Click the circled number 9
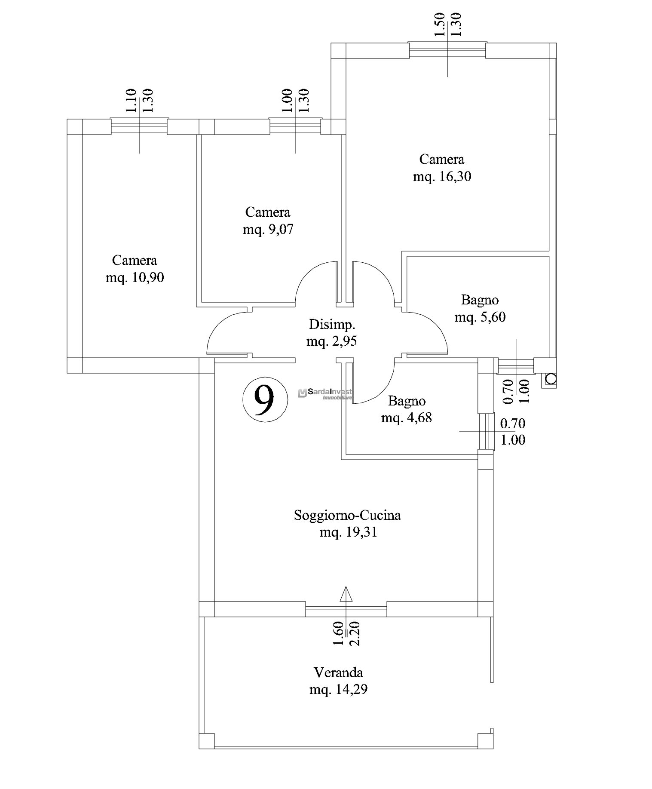click(x=265, y=399)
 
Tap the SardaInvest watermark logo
click(x=325, y=393)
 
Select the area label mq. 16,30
click(x=442, y=176)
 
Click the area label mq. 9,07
click(x=268, y=229)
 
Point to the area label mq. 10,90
click(x=135, y=277)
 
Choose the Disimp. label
click(x=332, y=323)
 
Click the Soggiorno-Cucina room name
click(x=347, y=515)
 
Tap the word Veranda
click(x=338, y=672)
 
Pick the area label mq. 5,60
click(x=480, y=317)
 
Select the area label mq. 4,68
click(x=406, y=417)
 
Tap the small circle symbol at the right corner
click(x=551, y=379)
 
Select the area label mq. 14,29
click(x=338, y=690)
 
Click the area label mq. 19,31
click(x=348, y=532)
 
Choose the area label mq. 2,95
click(x=332, y=341)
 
